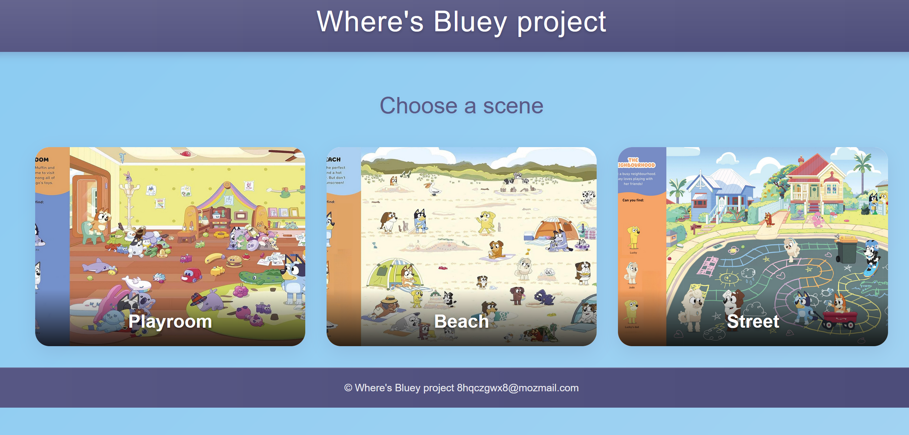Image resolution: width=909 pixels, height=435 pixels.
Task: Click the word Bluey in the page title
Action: coord(470,22)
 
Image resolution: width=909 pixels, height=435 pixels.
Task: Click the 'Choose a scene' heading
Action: coord(461,106)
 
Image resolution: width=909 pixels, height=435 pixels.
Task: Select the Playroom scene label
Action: coord(170,321)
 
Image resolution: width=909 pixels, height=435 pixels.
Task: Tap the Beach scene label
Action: coord(461,321)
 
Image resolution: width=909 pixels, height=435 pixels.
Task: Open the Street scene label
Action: coord(753,321)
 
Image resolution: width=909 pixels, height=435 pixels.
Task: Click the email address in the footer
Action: coord(517,388)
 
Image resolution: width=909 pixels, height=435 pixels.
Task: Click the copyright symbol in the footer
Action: coord(348,388)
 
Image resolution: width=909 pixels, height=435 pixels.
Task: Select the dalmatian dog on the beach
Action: coord(588,197)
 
